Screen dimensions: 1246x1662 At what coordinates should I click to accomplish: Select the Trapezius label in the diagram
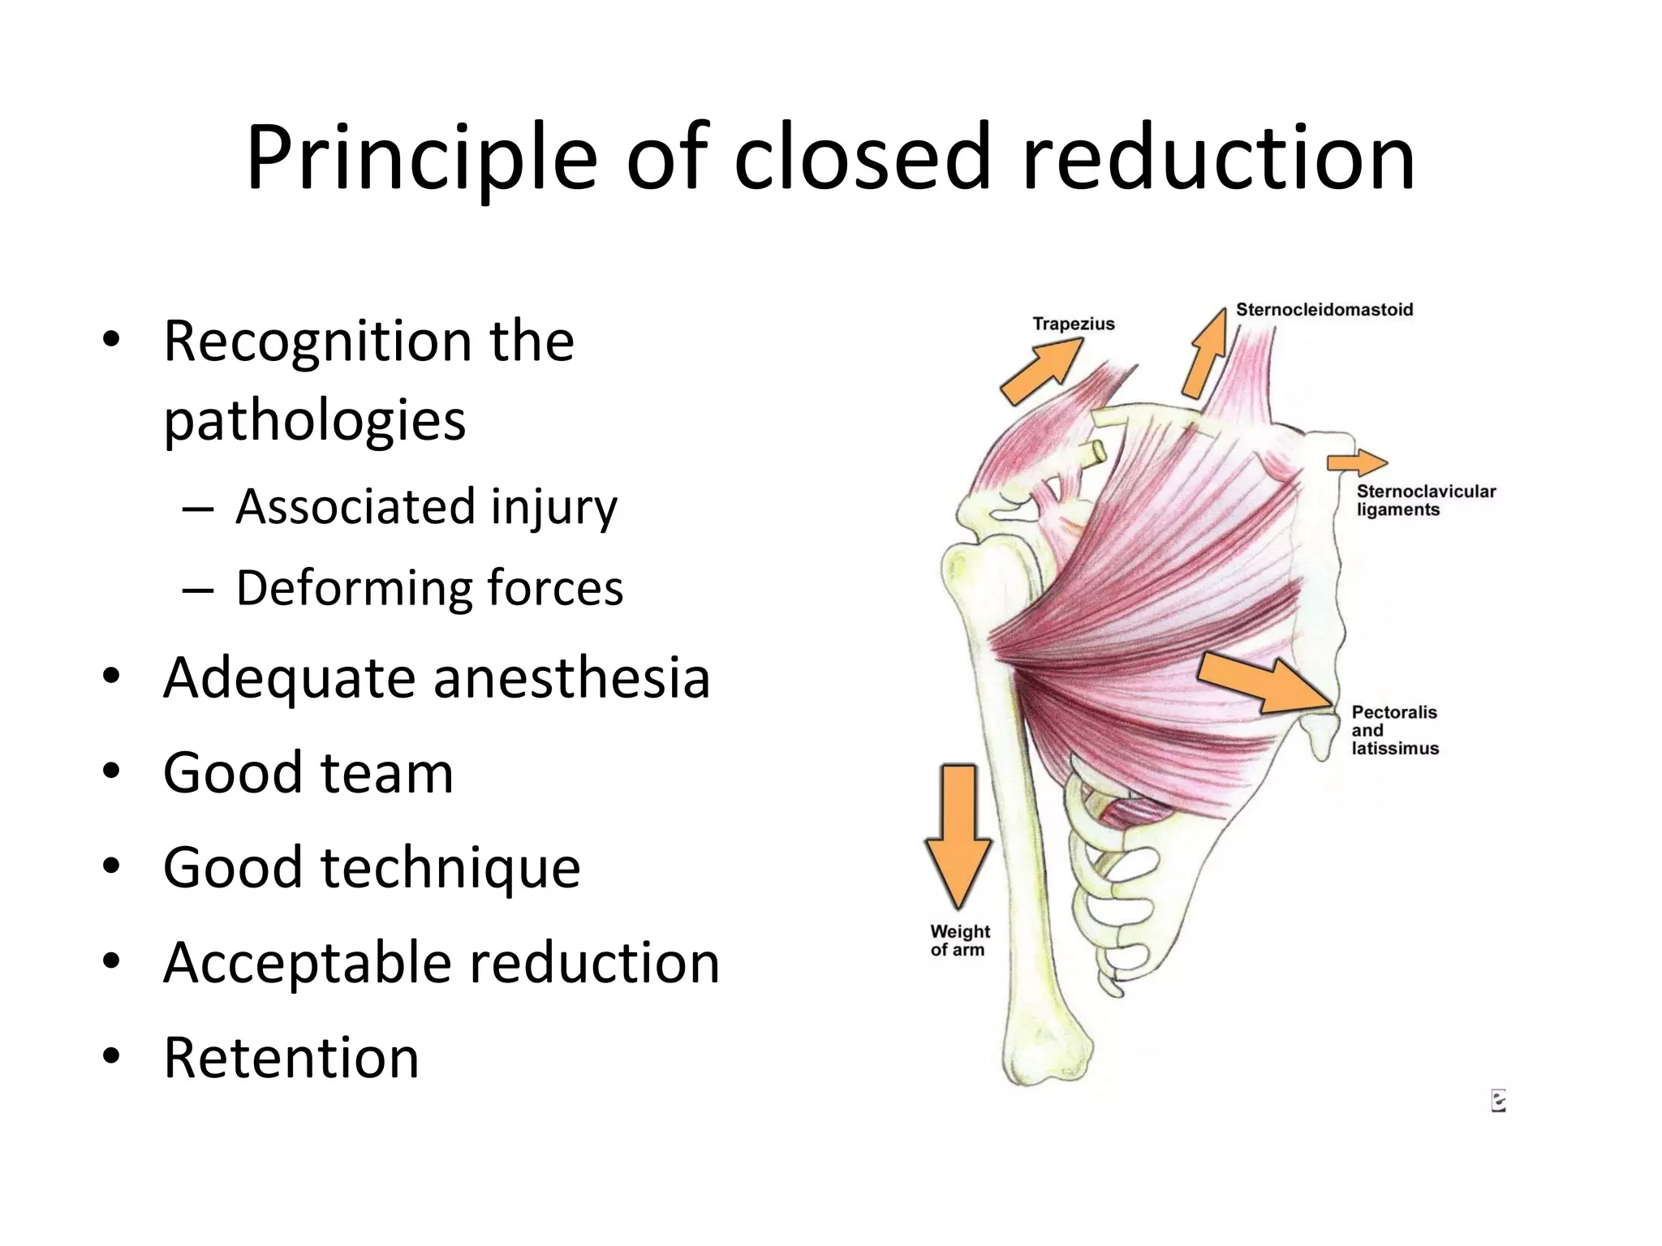click(1073, 324)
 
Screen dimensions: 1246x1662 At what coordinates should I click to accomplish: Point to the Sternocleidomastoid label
click(1324, 309)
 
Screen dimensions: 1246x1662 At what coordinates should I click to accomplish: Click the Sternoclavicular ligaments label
click(1425, 501)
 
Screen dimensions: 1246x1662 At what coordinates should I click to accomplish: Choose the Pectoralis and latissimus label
click(1393, 730)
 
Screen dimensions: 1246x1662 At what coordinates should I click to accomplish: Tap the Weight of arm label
click(959, 940)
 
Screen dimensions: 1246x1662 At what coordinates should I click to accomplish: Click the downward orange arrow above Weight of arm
click(958, 836)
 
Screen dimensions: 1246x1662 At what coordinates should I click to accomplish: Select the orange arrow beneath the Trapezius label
click(1041, 371)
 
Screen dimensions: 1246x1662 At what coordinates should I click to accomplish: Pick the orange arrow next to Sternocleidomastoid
click(1206, 353)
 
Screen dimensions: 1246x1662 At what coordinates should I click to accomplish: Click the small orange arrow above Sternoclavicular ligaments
click(1356, 463)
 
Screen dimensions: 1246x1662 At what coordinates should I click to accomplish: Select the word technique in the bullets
click(450, 867)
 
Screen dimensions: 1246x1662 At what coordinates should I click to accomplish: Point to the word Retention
click(291, 1058)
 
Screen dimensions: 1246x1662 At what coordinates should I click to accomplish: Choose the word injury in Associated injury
click(553, 507)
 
